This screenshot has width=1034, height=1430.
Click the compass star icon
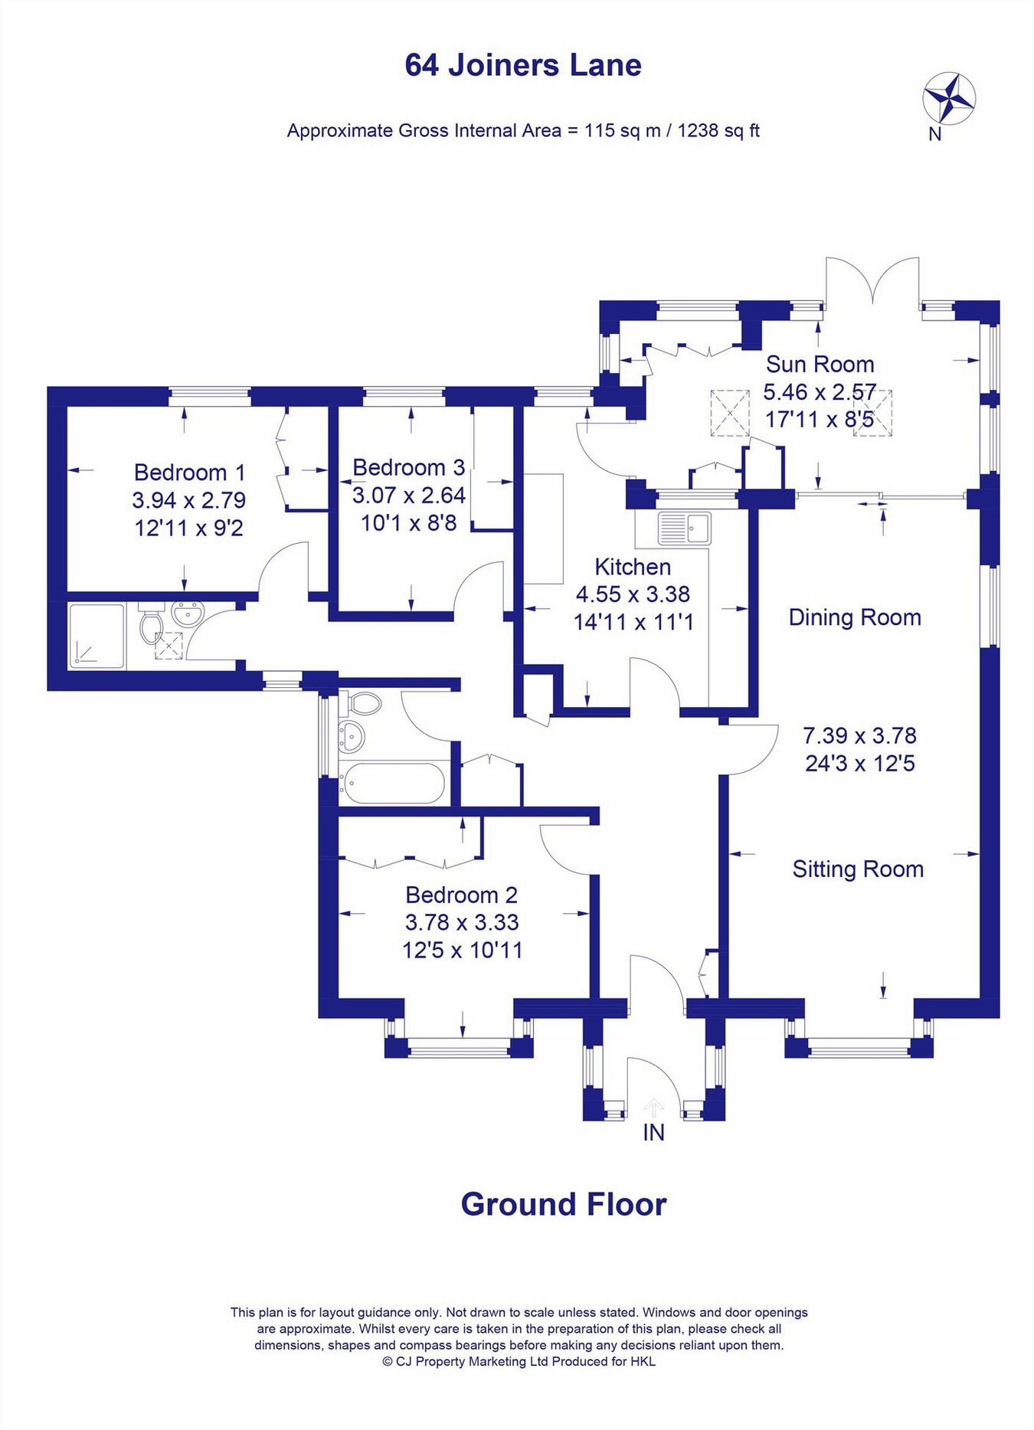pyautogui.click(x=949, y=97)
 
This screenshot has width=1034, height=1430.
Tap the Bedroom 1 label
pyautogui.click(x=189, y=472)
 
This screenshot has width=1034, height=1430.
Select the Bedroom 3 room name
pyautogui.click(x=408, y=467)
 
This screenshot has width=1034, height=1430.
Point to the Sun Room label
pyautogui.click(x=820, y=364)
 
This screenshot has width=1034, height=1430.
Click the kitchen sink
pyautogui.click(x=684, y=528)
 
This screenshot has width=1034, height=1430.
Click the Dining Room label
pyautogui.click(x=855, y=617)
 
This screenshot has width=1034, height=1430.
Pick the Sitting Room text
pyautogui.click(x=858, y=869)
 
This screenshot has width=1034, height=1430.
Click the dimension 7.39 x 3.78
pyautogui.click(x=859, y=735)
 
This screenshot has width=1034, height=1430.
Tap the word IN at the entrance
pyautogui.click(x=653, y=1133)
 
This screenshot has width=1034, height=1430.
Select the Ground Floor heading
pyautogui.click(x=564, y=1205)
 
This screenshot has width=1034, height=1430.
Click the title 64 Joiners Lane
pyautogui.click(x=523, y=65)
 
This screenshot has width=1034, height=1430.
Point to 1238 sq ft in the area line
pyautogui.click(x=718, y=131)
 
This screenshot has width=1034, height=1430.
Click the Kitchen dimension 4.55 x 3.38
pyautogui.click(x=633, y=594)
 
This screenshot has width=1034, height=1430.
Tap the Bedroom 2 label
pyautogui.click(x=461, y=895)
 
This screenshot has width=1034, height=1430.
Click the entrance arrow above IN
pyautogui.click(x=653, y=1108)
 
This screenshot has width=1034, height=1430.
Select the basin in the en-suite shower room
pyautogui.click(x=188, y=614)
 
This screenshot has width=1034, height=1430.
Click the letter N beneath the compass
pyautogui.click(x=934, y=134)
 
